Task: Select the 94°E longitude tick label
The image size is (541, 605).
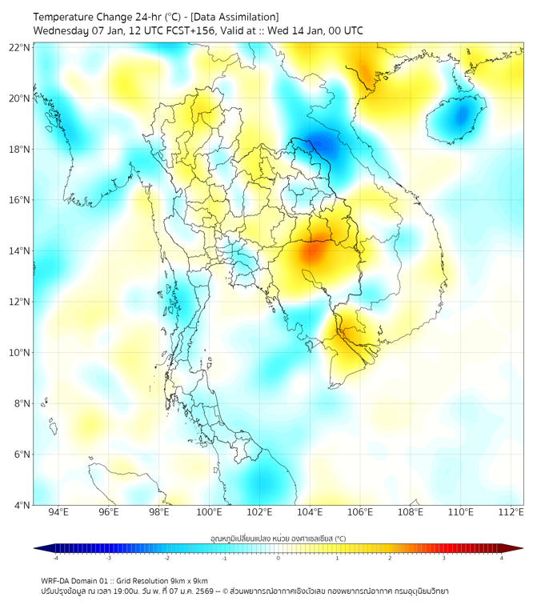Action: point(58,512)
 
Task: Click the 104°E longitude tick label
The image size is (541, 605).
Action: point(310,512)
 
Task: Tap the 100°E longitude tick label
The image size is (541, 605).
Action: point(209,512)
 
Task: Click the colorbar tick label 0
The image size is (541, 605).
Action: point(279,558)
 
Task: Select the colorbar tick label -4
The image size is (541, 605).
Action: point(54,558)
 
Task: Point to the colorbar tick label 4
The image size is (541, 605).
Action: point(501,558)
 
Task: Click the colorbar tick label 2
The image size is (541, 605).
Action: point(390,558)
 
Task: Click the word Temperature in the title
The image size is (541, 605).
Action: point(66,17)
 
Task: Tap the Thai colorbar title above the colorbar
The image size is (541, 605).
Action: point(278,538)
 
